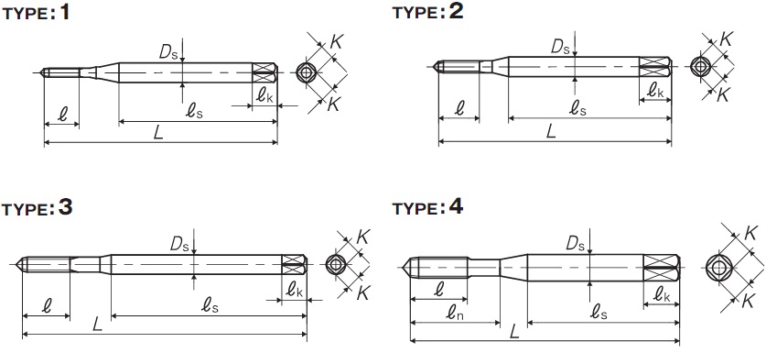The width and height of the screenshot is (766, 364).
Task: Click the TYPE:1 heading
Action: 37,13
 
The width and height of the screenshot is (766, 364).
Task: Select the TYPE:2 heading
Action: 427,12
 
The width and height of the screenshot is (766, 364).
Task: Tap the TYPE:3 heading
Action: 38,208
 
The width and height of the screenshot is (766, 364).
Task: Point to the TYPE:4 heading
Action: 427,207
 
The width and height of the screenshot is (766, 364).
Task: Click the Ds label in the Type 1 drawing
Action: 168,52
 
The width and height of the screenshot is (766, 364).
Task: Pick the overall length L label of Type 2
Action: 551,131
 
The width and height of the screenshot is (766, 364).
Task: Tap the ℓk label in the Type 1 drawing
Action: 264,95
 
